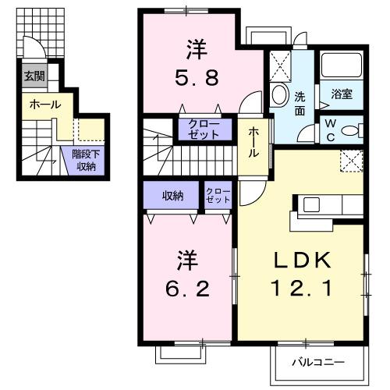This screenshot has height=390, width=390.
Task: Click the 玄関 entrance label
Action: [34, 76]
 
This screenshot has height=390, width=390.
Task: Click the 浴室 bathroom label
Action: [341, 95]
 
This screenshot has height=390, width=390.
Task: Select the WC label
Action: [329, 128]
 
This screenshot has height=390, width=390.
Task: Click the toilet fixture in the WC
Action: [353, 130]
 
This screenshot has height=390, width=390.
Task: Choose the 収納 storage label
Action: [173, 195]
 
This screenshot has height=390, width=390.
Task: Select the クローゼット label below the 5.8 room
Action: [204, 129]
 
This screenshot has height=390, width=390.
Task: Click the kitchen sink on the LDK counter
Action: [310, 204]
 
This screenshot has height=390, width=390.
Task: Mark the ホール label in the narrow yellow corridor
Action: [253, 143]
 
